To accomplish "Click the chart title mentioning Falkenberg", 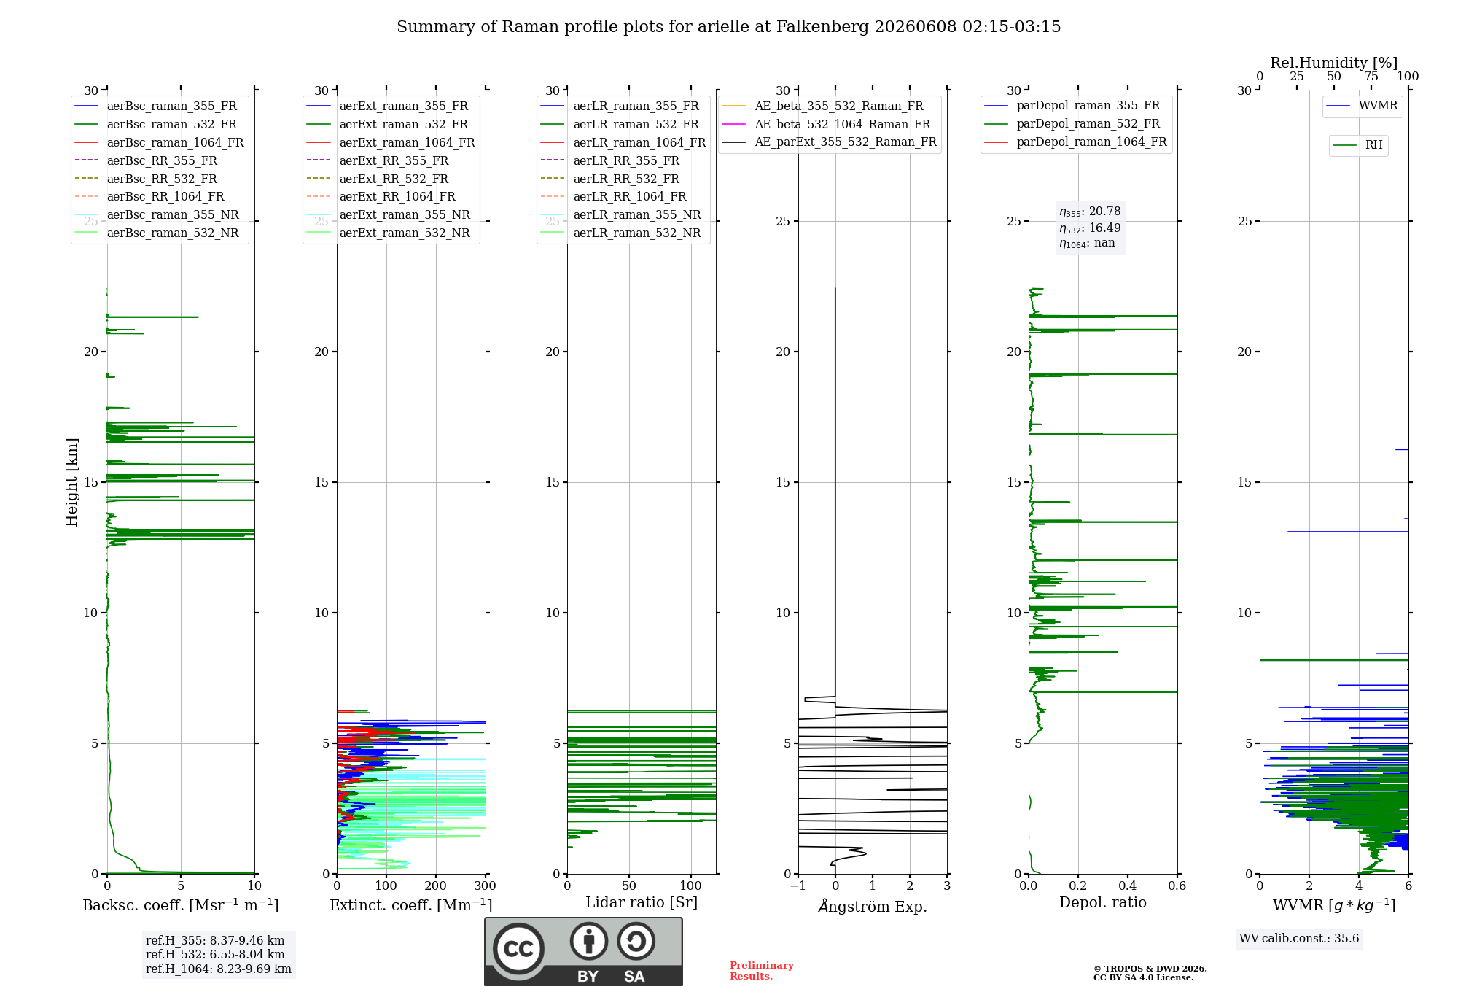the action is [728, 27].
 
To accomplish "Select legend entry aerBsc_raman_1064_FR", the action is [159, 142].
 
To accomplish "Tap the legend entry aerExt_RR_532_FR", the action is [378, 179].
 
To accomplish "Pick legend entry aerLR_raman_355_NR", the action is [621, 214].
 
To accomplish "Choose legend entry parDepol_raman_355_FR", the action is [1072, 106].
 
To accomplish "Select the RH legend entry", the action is [1357, 145].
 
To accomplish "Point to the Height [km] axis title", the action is [71, 482].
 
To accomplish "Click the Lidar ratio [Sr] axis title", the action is [642, 902].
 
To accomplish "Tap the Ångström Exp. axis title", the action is [873, 906].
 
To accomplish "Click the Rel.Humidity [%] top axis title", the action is [1334, 63].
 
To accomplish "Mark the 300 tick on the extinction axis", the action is [485, 886].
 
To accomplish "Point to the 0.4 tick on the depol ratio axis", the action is [1127, 886].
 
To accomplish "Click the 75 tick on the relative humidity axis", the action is [1371, 76].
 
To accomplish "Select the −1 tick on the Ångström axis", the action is [798, 886].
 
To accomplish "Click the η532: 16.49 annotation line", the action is [1090, 228].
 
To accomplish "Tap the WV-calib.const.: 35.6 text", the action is [1299, 938].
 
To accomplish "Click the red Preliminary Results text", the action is [762, 971].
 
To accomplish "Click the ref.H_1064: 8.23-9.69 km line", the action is [219, 969].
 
